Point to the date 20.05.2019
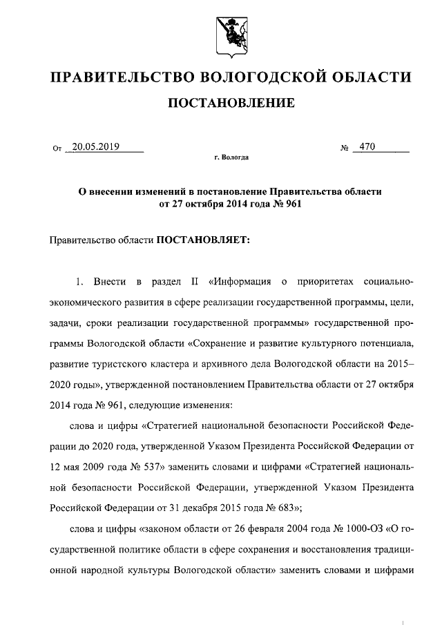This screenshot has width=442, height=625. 96,146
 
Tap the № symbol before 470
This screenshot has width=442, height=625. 344,148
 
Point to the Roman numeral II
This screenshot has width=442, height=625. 194,282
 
